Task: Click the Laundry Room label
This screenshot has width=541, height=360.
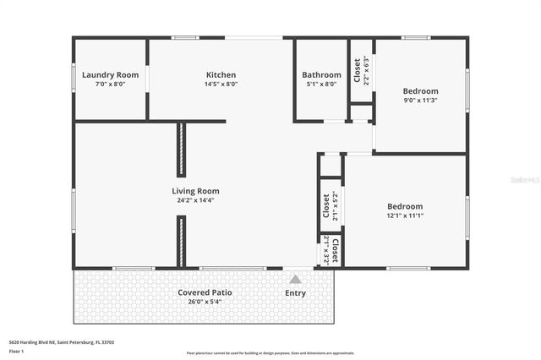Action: [x=110, y=75]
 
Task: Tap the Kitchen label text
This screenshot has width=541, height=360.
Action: [x=221, y=75]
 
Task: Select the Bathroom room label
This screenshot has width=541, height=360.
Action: [x=322, y=75]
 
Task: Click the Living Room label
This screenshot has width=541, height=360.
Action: [x=196, y=191]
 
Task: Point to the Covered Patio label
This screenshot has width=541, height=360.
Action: [x=205, y=292]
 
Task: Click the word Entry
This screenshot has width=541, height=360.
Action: [x=296, y=293]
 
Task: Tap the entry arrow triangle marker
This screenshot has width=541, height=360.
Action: [x=295, y=278]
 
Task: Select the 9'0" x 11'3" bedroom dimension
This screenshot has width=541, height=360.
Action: [x=420, y=101]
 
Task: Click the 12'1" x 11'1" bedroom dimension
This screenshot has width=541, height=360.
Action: [x=405, y=215]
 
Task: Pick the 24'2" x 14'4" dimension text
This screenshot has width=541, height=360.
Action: [x=196, y=201]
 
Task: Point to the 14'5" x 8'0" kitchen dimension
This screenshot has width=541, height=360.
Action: [x=221, y=85]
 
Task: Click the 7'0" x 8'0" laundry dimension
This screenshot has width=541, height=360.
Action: [x=110, y=85]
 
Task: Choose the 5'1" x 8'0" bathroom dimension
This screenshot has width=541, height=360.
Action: [x=322, y=85]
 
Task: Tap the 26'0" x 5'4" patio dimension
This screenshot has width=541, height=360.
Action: [x=205, y=303]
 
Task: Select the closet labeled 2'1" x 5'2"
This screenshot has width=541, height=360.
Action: [x=330, y=205]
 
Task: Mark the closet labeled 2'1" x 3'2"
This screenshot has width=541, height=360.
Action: [x=330, y=250]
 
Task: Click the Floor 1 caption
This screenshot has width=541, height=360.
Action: [x=16, y=350]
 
